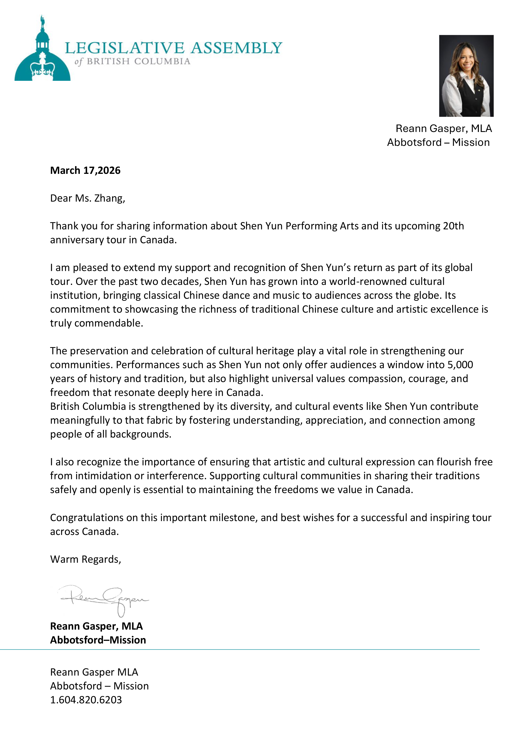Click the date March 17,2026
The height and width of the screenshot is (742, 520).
pyautogui.click(x=85, y=170)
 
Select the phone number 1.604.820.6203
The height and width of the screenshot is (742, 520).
pyautogui.click(x=86, y=700)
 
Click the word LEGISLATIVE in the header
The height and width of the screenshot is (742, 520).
pyautogui.click(x=125, y=48)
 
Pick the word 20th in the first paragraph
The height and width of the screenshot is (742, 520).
pyautogui.click(x=454, y=226)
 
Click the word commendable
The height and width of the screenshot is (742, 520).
pyautogui.click(x=109, y=323)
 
